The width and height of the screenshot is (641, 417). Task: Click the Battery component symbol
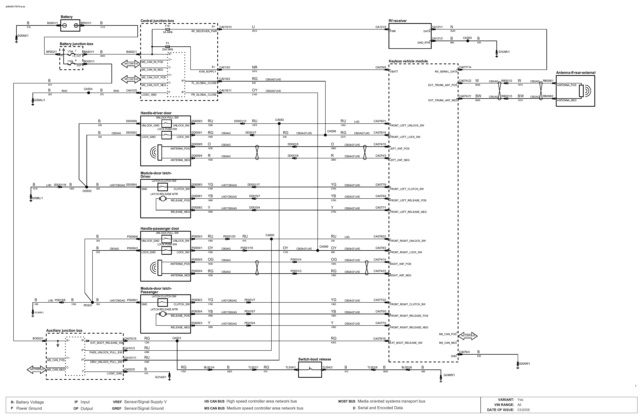pos(70,25)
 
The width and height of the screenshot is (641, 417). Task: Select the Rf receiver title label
pos(398,21)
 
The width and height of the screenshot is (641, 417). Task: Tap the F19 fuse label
pos(167,26)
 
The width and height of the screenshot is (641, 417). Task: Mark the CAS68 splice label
pos(332,131)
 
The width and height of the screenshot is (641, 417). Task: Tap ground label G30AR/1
pos(524,364)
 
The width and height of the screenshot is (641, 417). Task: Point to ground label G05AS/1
pos(23,36)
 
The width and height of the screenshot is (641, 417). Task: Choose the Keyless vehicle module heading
pos(408,61)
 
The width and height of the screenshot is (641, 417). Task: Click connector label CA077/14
pos(465,67)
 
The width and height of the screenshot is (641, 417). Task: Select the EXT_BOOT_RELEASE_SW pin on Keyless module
pos(406,343)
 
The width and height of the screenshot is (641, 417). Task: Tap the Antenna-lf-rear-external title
pos(576,73)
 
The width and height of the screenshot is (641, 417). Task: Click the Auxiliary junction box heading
pos(64,331)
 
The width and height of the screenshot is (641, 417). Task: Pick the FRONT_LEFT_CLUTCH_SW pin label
pos(406,189)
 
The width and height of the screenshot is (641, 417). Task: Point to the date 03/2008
pos(523,410)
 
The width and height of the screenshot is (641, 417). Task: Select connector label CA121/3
pos(381,27)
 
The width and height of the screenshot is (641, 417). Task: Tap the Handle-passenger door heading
pos(160,229)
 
